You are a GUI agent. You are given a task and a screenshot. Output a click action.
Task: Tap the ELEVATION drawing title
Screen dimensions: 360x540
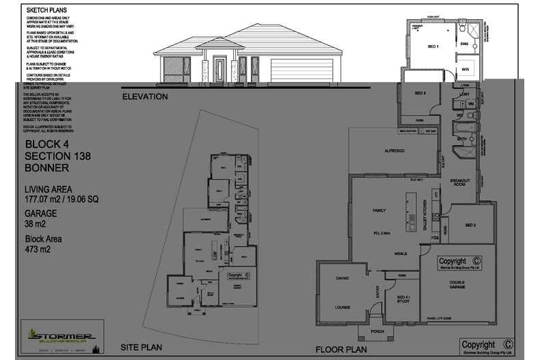(144, 97)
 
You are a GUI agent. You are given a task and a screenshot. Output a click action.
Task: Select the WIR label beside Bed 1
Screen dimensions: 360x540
(465, 70)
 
